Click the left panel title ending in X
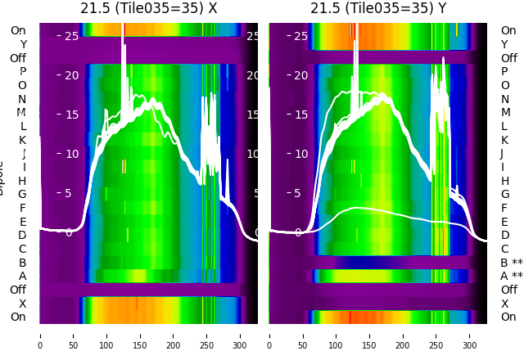(x=148, y=8)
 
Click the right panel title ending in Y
(x=378, y=8)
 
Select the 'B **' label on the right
(x=511, y=263)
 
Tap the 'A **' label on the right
(x=511, y=276)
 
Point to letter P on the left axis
(x=22, y=72)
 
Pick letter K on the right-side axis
(x=504, y=140)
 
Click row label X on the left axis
(x=22, y=304)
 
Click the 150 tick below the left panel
(x=140, y=335)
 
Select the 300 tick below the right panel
(x=470, y=335)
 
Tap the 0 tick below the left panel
(x=40, y=335)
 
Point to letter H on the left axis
(x=22, y=181)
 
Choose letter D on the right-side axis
(x=504, y=235)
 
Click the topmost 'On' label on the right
(x=508, y=30)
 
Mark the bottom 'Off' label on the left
(x=18, y=290)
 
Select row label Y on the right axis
(x=504, y=44)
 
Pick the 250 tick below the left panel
(x=207, y=335)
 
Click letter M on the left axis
(x=21, y=113)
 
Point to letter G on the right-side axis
(x=504, y=194)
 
